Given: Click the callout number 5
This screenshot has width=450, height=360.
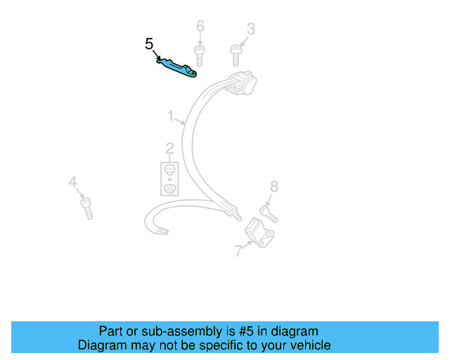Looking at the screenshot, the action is coord(149,44).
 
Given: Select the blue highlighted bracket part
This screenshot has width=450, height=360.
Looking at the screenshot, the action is coord(177,66).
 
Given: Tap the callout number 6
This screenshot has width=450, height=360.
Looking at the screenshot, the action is coord(200,27).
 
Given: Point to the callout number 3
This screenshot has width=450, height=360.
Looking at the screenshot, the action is coord(250,29).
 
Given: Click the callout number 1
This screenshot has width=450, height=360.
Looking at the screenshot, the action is coord(170,115).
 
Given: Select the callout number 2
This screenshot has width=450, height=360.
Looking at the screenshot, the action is coord(169,148).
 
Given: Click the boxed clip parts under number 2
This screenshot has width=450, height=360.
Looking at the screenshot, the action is coord(169,179).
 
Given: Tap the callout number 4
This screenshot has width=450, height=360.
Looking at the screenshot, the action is coord(72,183).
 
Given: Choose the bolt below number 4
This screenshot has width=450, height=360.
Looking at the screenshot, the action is coord(86,208).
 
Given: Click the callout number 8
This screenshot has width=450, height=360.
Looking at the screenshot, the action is coord(274,186).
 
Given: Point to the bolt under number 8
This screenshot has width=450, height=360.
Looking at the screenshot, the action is coord(268,212).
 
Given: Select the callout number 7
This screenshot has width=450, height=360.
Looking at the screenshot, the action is coord(238,250).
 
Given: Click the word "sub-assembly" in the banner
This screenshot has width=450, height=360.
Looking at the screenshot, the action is coord(169,331).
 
